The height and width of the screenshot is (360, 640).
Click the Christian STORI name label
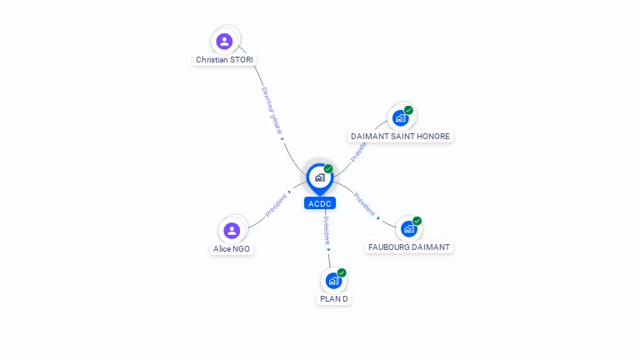pyautogui.click(x=224, y=60)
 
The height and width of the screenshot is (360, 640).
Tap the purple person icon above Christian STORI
pyautogui.click(x=224, y=41)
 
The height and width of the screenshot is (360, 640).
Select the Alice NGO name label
pyautogui.click(x=232, y=248)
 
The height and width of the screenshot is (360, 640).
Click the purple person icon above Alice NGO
pyautogui.click(x=232, y=230)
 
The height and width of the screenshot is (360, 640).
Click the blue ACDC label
pyautogui.click(x=320, y=203)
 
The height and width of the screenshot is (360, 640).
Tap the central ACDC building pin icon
pyautogui.click(x=319, y=177)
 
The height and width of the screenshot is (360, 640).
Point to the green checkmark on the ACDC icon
pyautogui.click(x=328, y=169)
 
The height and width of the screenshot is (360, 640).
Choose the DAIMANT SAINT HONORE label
pyautogui.click(x=400, y=136)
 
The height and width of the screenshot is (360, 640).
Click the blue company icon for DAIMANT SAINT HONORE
pyautogui.click(x=400, y=118)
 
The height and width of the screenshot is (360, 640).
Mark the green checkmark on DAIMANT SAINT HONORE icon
pyautogui.click(x=408, y=110)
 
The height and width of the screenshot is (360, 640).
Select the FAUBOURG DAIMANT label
pyautogui.click(x=409, y=247)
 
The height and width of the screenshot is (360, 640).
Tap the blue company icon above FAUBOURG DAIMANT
pyautogui.click(x=408, y=229)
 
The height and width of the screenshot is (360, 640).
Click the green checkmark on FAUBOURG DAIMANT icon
pyautogui.click(x=417, y=221)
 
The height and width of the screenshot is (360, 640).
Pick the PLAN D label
pyautogui.click(x=334, y=298)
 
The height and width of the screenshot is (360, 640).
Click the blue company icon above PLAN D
pyautogui.click(x=333, y=281)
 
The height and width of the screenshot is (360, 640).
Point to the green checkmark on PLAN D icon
pyautogui.click(x=342, y=272)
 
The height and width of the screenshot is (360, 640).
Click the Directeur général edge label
pyautogui.click(x=272, y=111)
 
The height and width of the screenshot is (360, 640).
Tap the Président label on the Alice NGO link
pyautogui.click(x=275, y=206)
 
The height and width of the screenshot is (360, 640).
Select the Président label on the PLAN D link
pyautogui.click(x=326, y=230)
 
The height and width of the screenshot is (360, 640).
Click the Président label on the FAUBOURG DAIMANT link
pyautogui.click(x=364, y=204)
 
